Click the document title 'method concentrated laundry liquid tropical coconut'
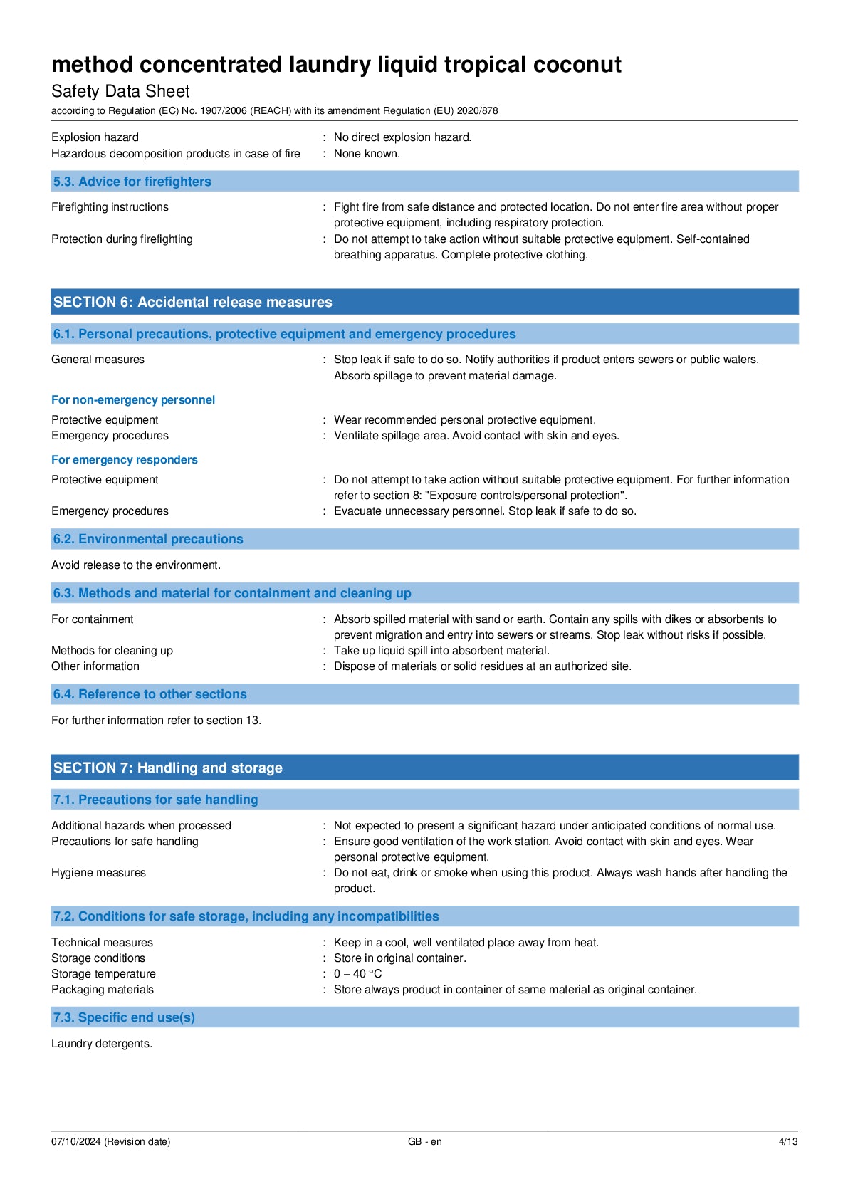point(336,65)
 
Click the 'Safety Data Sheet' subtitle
point(120,91)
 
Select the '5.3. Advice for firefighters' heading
point(132,182)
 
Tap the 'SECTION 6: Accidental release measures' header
point(192,302)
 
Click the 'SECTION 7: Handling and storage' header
point(167,768)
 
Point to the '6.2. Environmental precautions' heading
point(148,539)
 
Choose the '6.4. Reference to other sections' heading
point(150,694)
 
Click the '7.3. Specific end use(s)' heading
point(124,1017)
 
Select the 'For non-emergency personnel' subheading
point(133,400)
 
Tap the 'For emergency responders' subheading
point(125,460)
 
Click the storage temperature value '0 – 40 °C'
point(357,974)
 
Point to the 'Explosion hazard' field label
point(95,137)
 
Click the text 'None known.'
point(367,154)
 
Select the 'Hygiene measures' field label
point(98,873)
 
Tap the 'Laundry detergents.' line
point(102,1044)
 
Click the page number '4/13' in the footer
point(787,1142)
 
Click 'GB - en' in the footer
point(424,1142)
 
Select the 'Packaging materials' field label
point(103,990)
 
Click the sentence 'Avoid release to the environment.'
point(136,565)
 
